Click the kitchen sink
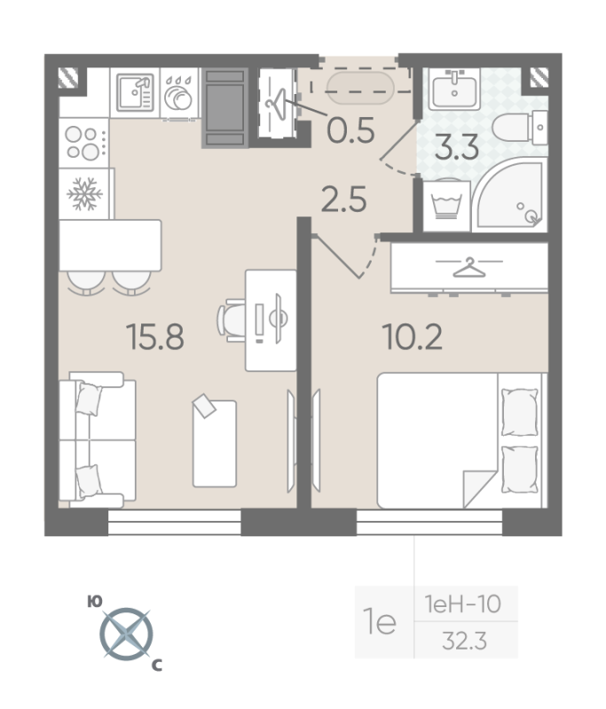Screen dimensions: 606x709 click(x=135, y=93)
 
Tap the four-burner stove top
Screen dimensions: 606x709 click(x=84, y=143)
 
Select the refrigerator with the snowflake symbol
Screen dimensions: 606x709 click(x=85, y=194)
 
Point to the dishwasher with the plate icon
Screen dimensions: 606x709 click(x=179, y=94)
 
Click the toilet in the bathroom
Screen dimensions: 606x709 click(x=520, y=128)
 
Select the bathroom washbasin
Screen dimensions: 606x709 click(x=454, y=90)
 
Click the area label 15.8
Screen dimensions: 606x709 click(x=155, y=337)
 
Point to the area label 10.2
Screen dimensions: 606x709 click(x=413, y=337)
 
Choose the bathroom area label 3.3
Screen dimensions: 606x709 click(x=457, y=147)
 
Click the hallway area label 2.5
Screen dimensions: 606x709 click(x=343, y=199)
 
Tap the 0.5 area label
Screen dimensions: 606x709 click(x=350, y=130)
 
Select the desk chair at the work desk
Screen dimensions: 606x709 click(x=232, y=320)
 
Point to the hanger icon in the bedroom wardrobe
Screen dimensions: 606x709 click(x=468, y=268)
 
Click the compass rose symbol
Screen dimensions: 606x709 click(x=126, y=634)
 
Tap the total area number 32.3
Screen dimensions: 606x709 click(x=464, y=641)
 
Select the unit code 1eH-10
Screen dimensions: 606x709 click(x=462, y=604)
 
